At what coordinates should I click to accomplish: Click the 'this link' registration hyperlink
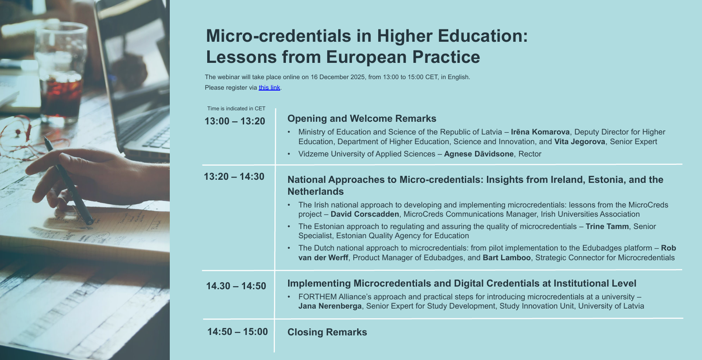point(269,87)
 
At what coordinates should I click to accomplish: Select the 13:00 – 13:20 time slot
point(235,121)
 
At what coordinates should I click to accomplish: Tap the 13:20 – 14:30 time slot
point(234,177)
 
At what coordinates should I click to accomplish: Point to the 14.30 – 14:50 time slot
point(236,286)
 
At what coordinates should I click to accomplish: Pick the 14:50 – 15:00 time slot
point(238,332)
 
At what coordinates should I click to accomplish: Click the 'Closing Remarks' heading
point(327,332)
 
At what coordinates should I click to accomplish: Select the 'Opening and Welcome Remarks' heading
point(362,119)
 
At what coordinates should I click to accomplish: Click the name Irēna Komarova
point(540,132)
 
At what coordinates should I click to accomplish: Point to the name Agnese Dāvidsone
point(479,154)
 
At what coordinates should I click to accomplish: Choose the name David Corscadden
point(365,214)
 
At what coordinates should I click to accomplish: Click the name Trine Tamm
point(607,226)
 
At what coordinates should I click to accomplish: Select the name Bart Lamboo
point(506,258)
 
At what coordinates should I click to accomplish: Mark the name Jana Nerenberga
point(330,306)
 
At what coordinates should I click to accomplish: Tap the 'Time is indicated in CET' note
point(236,109)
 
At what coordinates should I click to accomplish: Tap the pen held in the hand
point(70,185)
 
